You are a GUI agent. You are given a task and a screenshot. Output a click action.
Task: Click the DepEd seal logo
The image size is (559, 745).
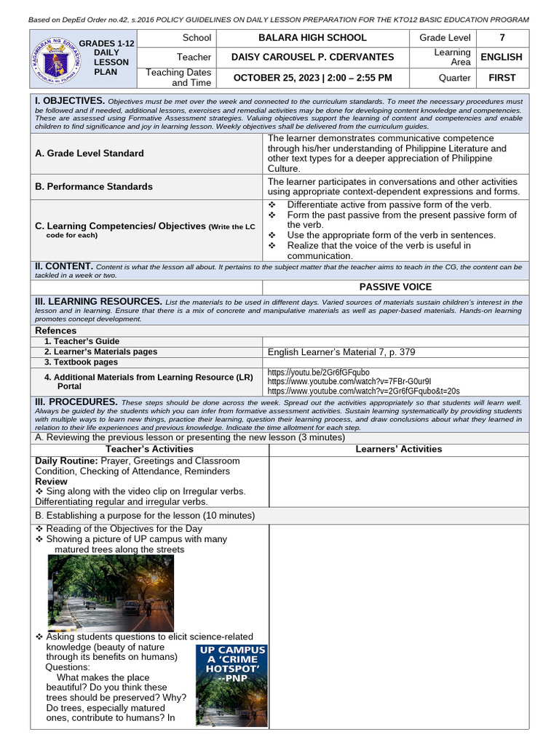pyautogui.click(x=52, y=57)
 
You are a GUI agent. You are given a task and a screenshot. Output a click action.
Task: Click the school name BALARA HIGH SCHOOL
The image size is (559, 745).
pyautogui.click(x=312, y=38)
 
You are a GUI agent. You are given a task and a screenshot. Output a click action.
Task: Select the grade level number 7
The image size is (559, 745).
pyautogui.click(x=501, y=38)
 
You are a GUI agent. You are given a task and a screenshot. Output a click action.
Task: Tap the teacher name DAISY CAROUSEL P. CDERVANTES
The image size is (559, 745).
pyautogui.click(x=312, y=57)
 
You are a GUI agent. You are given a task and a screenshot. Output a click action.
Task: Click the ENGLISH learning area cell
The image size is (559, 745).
pyautogui.click(x=501, y=57)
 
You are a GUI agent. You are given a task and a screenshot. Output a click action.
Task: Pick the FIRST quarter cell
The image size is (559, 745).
pyautogui.click(x=501, y=77)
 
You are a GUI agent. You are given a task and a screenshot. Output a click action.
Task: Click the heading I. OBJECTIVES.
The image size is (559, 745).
pyautogui.click(x=70, y=100)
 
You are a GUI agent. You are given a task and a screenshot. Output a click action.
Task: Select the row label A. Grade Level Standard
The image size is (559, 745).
pyautogui.click(x=90, y=154)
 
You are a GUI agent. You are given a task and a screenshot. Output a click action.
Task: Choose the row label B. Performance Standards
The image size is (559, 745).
pyautogui.click(x=94, y=186)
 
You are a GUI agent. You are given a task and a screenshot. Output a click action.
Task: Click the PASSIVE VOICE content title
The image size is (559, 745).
pyautogui.click(x=395, y=287)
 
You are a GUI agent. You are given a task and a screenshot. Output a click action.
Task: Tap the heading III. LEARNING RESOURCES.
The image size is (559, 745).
pyautogui.click(x=99, y=301)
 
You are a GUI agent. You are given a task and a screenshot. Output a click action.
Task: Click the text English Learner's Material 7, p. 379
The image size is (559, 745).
pyautogui.click(x=341, y=352)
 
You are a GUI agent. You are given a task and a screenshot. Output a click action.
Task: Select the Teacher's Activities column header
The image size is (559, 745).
pyautogui.click(x=149, y=449)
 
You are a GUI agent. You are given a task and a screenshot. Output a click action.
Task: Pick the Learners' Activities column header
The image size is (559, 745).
pyautogui.click(x=398, y=449)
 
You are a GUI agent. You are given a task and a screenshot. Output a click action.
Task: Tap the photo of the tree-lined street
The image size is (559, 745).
pyautogui.click(x=111, y=592)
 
